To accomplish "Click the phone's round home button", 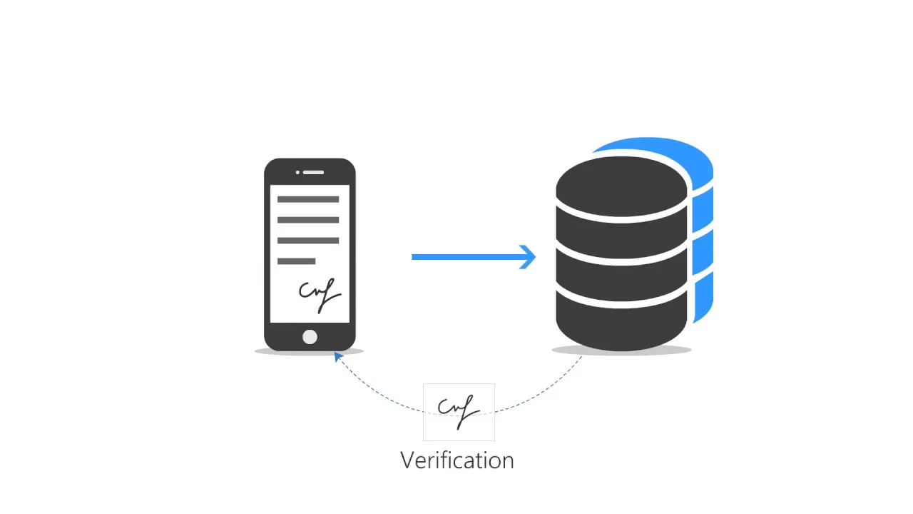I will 310,337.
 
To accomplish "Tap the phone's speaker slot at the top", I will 313,172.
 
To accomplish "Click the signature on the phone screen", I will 320,293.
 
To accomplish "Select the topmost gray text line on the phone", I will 308,200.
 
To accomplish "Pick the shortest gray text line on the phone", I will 296,261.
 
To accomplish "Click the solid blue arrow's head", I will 529,257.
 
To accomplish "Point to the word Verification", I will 457,460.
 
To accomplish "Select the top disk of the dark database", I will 621,184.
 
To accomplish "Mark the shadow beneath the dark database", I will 621,351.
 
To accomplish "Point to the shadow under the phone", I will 310,352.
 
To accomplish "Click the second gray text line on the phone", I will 308,220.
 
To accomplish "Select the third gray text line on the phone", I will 308,241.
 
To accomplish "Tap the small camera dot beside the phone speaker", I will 298,172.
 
